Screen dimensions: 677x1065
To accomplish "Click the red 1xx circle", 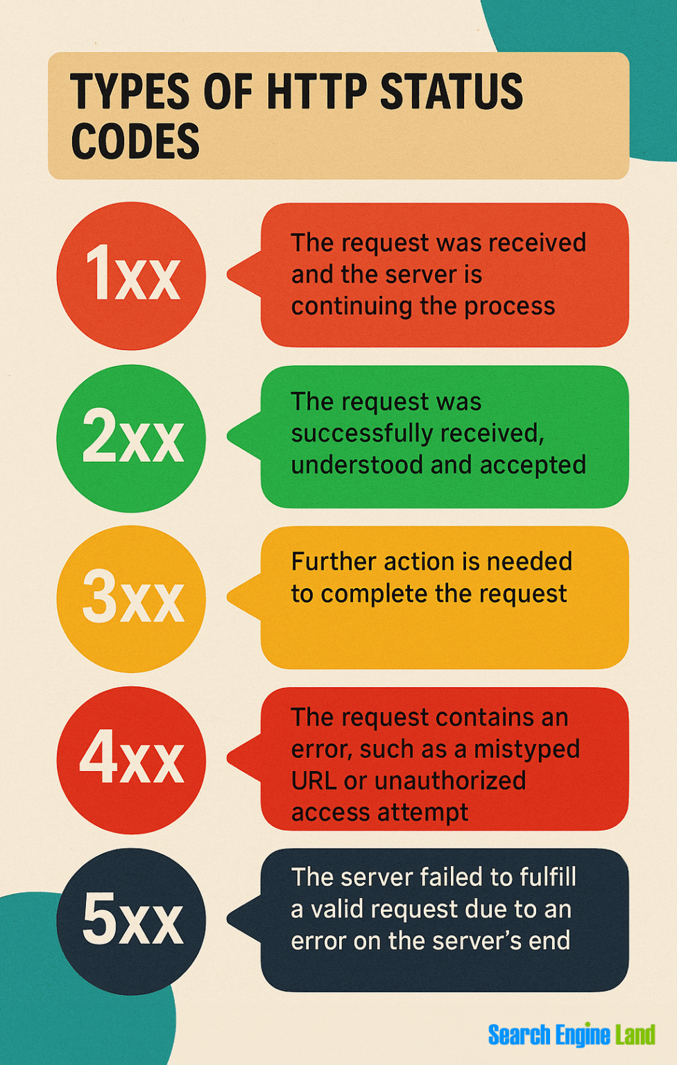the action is pos(131,276).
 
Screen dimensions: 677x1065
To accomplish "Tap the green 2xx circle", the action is pos(131,438).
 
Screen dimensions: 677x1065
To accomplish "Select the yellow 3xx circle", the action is pos(131,599).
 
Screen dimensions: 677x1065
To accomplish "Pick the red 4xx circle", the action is pos(131,760).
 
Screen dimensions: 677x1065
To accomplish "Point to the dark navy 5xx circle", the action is pos(131,921).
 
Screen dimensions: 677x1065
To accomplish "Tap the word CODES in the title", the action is pos(135,141).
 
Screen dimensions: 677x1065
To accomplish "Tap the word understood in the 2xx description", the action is pos(357,465).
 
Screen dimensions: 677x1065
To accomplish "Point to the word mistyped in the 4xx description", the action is pos(526,750).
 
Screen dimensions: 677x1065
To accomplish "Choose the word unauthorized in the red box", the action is pos(450,781).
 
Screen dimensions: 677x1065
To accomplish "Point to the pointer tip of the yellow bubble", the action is pos(227,597).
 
